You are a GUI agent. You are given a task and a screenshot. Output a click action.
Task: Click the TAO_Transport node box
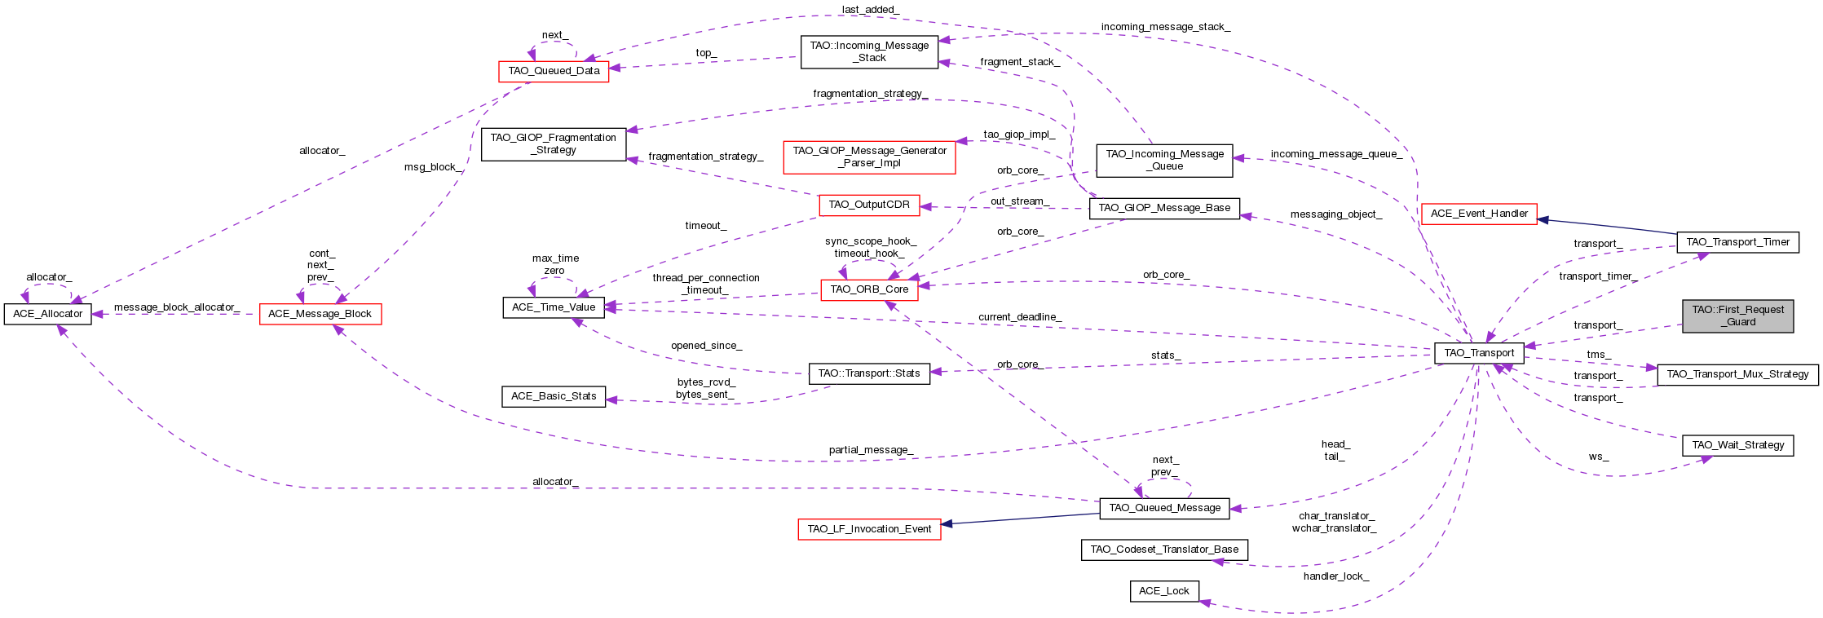[1479, 353]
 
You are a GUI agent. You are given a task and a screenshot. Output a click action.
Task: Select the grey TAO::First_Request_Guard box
[1737, 316]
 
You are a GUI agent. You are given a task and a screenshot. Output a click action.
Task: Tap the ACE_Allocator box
[47, 314]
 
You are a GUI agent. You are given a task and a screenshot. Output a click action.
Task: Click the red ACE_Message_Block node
[320, 314]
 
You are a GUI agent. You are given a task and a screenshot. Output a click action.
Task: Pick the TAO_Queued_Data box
[554, 71]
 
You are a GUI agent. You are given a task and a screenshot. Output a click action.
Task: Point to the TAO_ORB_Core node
[869, 289]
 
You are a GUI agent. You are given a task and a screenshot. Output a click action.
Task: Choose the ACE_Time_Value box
[554, 307]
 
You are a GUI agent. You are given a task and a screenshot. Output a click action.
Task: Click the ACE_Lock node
[1163, 591]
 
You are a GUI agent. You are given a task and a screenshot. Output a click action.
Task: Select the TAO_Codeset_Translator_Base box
[1163, 550]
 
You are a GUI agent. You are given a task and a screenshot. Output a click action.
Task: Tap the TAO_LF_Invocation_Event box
[869, 529]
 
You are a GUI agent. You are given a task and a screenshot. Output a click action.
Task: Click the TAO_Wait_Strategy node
[1737, 445]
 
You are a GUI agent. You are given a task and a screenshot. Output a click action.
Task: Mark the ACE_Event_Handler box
[1478, 214]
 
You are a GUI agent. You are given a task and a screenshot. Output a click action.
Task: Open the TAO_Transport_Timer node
[1737, 242]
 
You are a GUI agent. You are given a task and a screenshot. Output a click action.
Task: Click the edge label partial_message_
[871, 450]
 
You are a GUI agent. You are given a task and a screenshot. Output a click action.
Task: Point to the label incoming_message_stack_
[1165, 27]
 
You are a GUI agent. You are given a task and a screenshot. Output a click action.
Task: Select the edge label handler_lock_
[1335, 576]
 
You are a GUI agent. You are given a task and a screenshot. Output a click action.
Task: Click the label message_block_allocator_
[176, 307]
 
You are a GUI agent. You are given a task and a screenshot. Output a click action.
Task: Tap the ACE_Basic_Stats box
[554, 396]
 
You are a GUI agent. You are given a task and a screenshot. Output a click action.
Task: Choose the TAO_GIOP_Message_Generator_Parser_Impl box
[869, 157]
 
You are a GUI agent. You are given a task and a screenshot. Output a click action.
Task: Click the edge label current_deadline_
[1019, 317]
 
